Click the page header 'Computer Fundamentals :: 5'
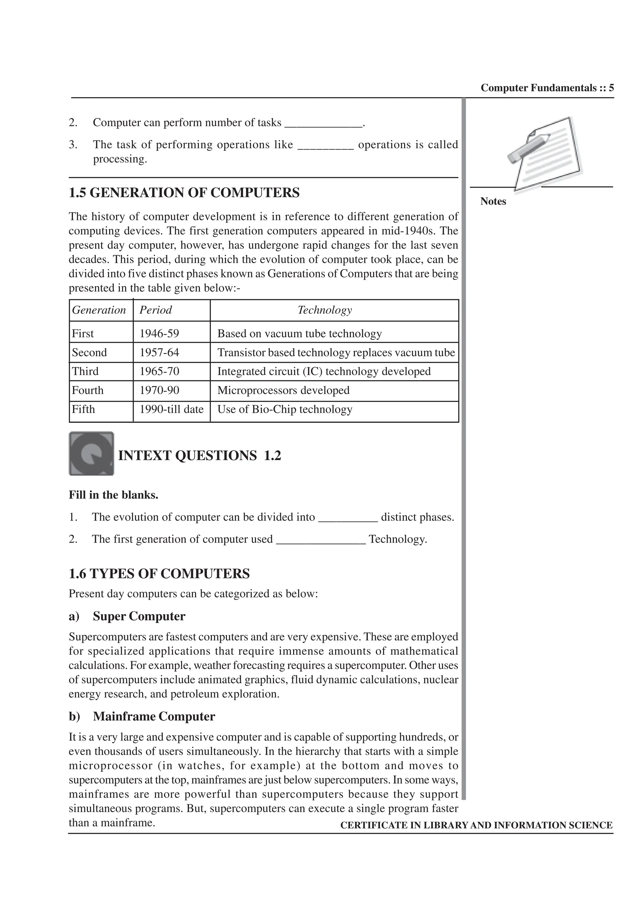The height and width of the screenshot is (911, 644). click(x=547, y=88)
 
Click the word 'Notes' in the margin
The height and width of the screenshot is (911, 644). click(x=493, y=202)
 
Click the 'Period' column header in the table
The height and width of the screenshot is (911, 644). click(x=156, y=310)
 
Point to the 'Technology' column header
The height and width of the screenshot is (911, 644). click(x=325, y=310)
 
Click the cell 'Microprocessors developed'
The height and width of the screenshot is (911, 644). click(x=283, y=390)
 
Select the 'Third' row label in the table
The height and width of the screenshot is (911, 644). click(x=85, y=371)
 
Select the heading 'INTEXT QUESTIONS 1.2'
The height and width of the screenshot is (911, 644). click(x=200, y=455)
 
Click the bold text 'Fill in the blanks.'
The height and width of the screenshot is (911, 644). click(x=114, y=495)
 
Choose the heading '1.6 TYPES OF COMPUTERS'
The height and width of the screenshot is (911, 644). click(x=159, y=574)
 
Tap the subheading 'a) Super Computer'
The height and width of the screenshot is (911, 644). click(x=127, y=616)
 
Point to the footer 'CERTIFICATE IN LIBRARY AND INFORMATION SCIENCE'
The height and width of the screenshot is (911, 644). click(x=476, y=825)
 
